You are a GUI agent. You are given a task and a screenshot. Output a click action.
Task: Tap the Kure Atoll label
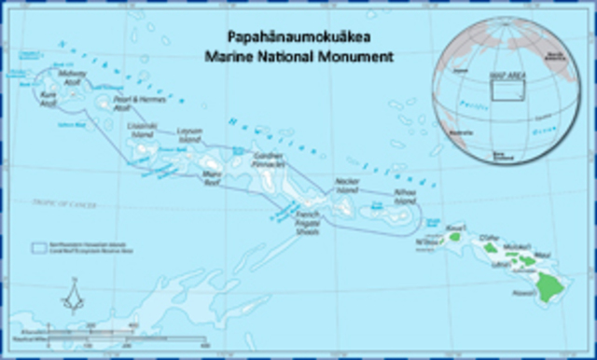(49, 100)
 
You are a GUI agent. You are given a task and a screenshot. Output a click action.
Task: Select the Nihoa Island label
(405, 199)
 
